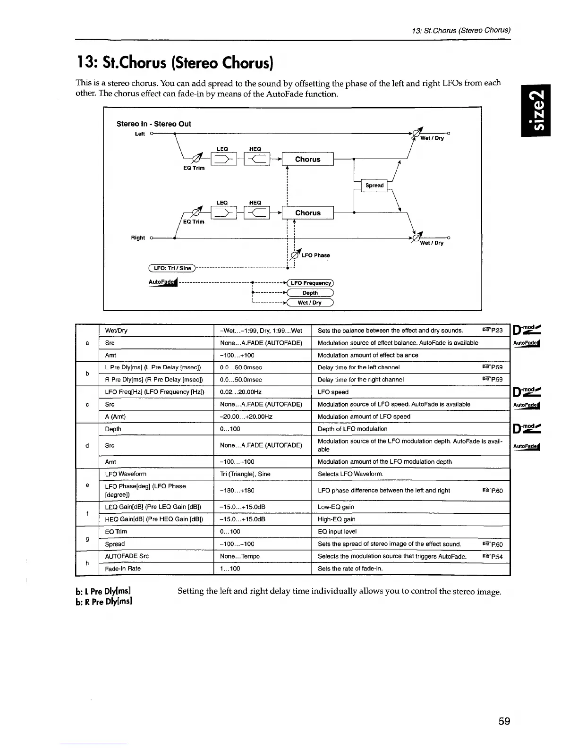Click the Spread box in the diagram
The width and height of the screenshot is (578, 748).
(374, 186)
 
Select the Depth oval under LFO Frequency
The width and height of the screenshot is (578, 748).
(310, 293)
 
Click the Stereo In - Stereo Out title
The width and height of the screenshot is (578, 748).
(153, 124)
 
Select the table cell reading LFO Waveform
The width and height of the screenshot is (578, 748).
(126, 474)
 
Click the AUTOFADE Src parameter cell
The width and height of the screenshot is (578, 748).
(127, 556)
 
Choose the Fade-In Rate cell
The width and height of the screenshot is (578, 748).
(123, 569)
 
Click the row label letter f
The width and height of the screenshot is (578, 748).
(87, 513)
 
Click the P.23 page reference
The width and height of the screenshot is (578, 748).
(493, 331)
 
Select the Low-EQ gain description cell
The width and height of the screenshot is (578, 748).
(336, 507)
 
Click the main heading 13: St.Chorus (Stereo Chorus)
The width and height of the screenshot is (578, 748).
(174, 62)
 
